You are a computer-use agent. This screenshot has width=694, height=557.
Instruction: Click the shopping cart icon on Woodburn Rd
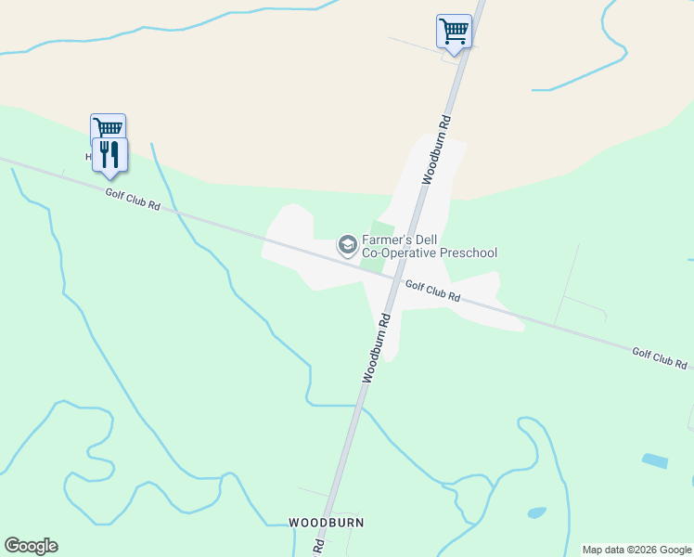[454, 31]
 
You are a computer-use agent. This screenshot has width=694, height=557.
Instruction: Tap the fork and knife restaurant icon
[109, 154]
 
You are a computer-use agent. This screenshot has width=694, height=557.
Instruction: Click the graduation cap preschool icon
[348, 245]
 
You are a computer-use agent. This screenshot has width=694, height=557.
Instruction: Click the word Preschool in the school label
[469, 253]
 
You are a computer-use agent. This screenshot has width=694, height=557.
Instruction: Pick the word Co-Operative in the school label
[398, 253]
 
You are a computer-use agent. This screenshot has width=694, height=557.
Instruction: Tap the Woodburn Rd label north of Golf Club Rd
[436, 149]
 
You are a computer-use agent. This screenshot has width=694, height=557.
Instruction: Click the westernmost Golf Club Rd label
[133, 199]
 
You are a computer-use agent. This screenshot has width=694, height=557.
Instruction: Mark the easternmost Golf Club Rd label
[660, 357]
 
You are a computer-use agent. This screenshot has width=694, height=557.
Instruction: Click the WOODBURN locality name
[326, 523]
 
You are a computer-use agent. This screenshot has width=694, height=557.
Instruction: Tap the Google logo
[31, 546]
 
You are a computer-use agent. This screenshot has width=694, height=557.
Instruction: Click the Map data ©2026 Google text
[636, 550]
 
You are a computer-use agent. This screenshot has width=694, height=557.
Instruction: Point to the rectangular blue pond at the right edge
[654, 460]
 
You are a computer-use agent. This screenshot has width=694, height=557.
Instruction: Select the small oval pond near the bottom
[536, 512]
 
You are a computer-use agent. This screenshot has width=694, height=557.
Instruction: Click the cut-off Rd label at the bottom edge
[317, 546]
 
